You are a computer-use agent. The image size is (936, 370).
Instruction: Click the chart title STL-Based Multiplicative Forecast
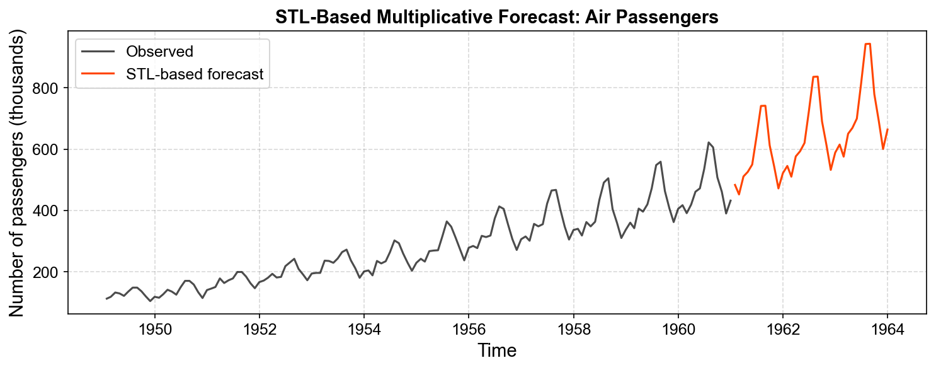tap(496, 18)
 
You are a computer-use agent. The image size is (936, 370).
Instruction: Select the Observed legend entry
tap(159, 51)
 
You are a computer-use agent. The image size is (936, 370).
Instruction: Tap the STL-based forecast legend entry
tap(194, 74)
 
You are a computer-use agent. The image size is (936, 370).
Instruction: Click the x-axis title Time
tap(496, 350)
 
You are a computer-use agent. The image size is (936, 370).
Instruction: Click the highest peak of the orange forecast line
tap(868, 43)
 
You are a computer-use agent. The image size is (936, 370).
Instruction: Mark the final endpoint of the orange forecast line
tap(887, 129)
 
